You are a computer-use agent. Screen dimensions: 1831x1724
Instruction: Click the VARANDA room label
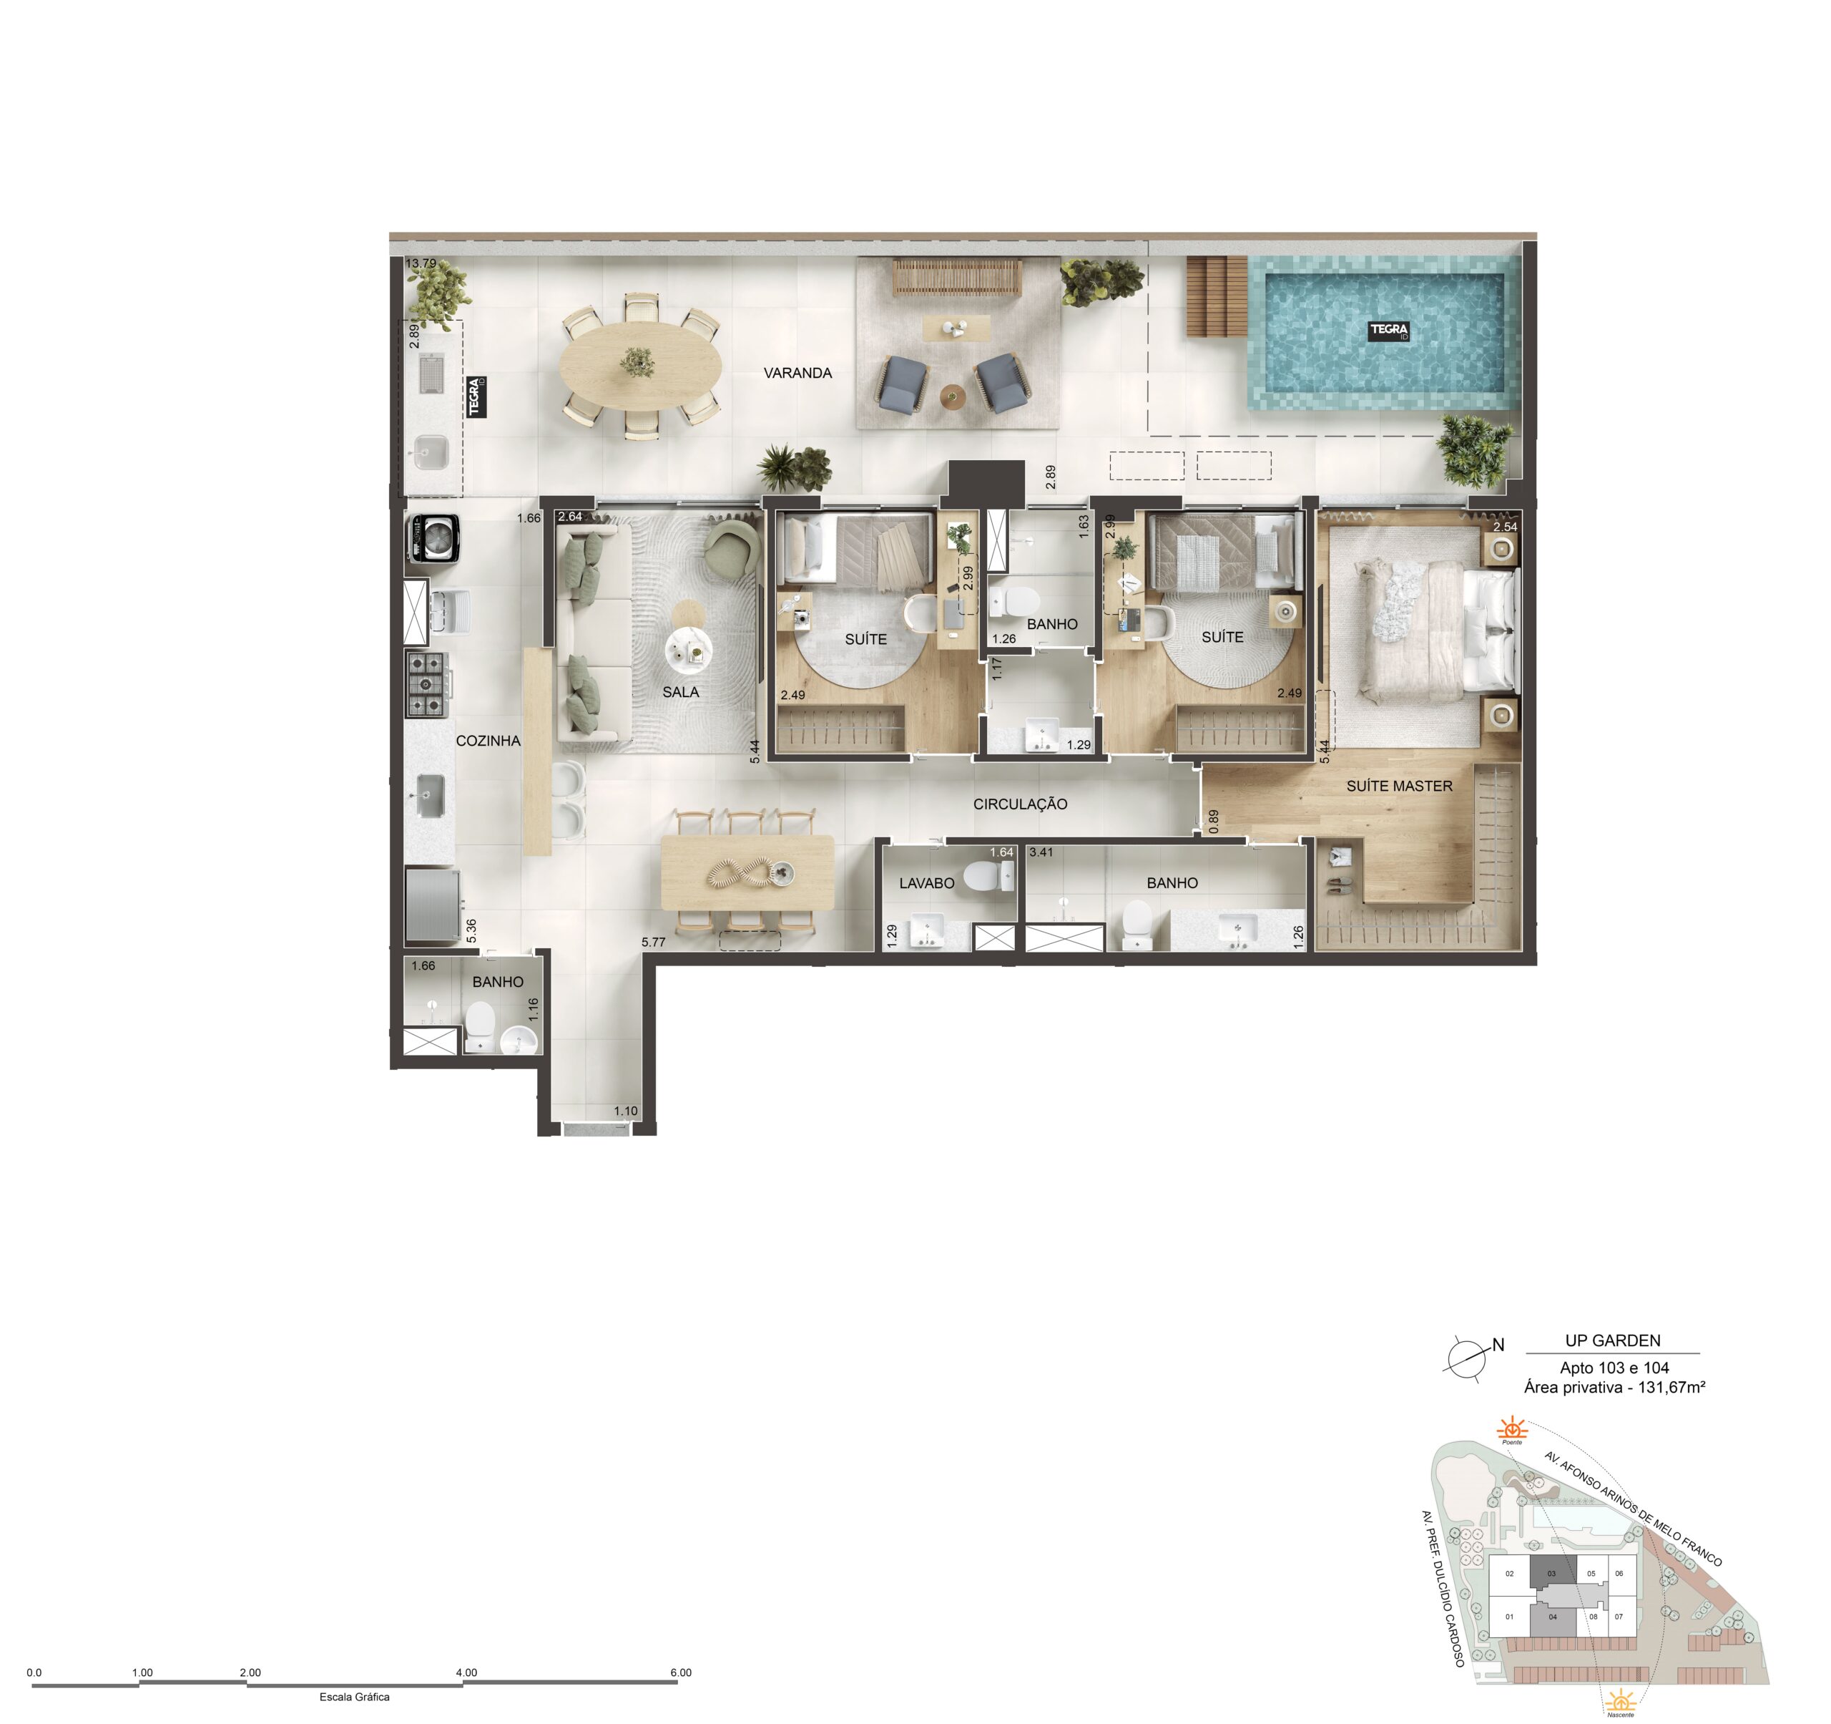[797, 373]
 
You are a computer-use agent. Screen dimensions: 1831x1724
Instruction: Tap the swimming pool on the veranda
[1384, 332]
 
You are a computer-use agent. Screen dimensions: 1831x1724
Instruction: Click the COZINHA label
[488, 741]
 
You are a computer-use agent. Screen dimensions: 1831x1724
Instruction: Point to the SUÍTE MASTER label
[1399, 786]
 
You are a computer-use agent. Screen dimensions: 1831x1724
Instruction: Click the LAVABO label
[926, 882]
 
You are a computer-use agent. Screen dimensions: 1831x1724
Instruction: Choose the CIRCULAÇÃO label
[1021, 804]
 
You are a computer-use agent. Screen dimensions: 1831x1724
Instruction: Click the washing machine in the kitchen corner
[433, 538]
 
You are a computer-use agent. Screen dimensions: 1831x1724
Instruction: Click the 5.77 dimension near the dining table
[653, 943]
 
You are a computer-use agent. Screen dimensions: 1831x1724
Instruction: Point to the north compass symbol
[1469, 1358]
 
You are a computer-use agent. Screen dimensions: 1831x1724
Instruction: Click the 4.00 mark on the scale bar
[466, 1672]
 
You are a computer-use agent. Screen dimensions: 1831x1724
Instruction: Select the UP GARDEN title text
[1613, 1340]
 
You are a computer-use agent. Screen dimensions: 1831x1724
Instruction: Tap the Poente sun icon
[1511, 1430]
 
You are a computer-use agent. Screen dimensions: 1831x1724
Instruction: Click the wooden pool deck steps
[1216, 297]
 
